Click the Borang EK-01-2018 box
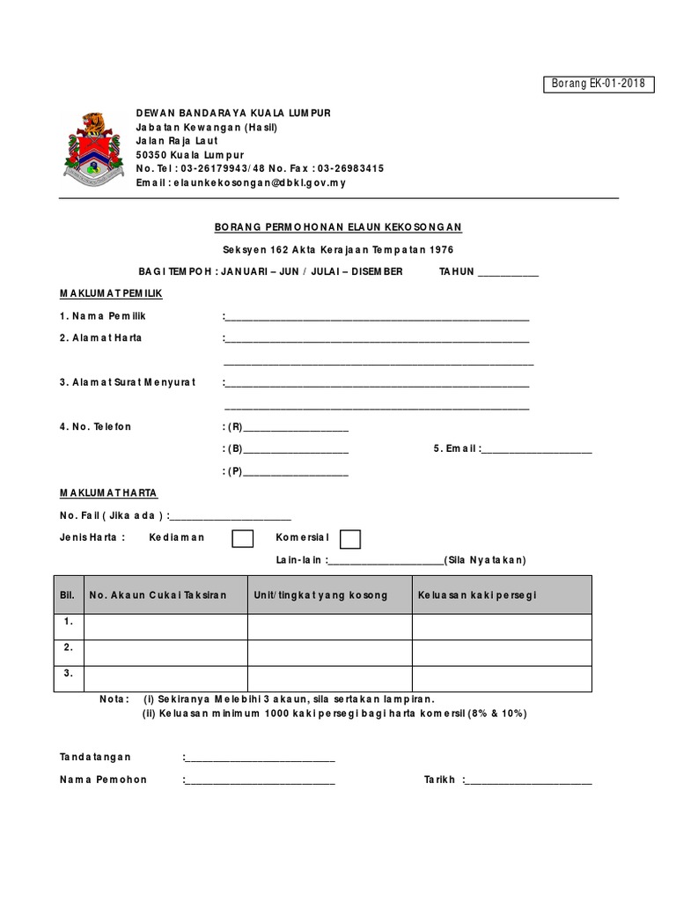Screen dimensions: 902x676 [x=598, y=84]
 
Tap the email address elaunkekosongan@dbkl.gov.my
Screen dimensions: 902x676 [x=258, y=182]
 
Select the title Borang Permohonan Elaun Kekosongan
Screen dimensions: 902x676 [x=339, y=226]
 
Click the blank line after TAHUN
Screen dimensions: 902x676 [x=507, y=273]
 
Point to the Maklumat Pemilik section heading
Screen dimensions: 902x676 [x=111, y=292]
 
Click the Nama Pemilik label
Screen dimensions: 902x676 [x=102, y=315]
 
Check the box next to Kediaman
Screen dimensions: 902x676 [x=243, y=538]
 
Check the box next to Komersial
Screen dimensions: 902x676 [x=349, y=538]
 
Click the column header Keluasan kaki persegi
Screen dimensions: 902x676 [x=477, y=595]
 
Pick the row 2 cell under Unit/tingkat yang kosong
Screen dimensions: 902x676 [x=329, y=653]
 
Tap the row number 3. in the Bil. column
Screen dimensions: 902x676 [x=69, y=673]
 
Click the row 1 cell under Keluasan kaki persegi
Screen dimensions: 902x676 [x=502, y=626]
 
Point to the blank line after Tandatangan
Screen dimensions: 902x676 [x=261, y=758]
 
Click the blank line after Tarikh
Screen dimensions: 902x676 [x=528, y=780]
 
